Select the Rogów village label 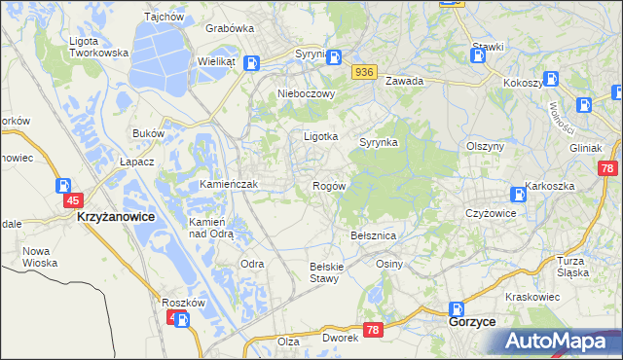[329, 185]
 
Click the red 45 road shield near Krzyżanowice [72, 200]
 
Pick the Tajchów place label [164, 17]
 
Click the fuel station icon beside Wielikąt [252, 64]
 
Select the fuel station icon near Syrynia [334, 57]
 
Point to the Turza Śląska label [573, 267]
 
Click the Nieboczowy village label [307, 94]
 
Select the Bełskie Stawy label [323, 272]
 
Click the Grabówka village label [230, 29]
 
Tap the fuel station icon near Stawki [478, 56]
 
